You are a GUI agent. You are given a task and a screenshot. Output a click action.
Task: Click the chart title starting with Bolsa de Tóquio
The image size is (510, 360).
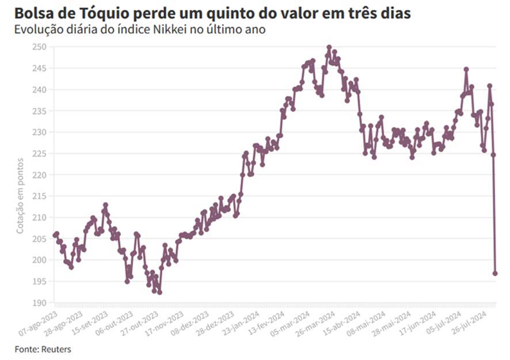click(x=213, y=13)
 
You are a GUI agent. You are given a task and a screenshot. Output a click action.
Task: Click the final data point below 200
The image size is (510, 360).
click(x=495, y=274)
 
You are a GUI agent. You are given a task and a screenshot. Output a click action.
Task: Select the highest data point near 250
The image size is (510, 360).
click(x=329, y=47)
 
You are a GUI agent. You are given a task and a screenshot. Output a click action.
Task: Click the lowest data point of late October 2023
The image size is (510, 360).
click(x=159, y=292)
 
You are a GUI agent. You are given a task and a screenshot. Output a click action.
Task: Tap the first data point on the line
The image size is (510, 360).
click(x=55, y=235)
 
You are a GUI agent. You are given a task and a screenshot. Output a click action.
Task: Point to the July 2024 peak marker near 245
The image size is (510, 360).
click(x=466, y=69)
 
